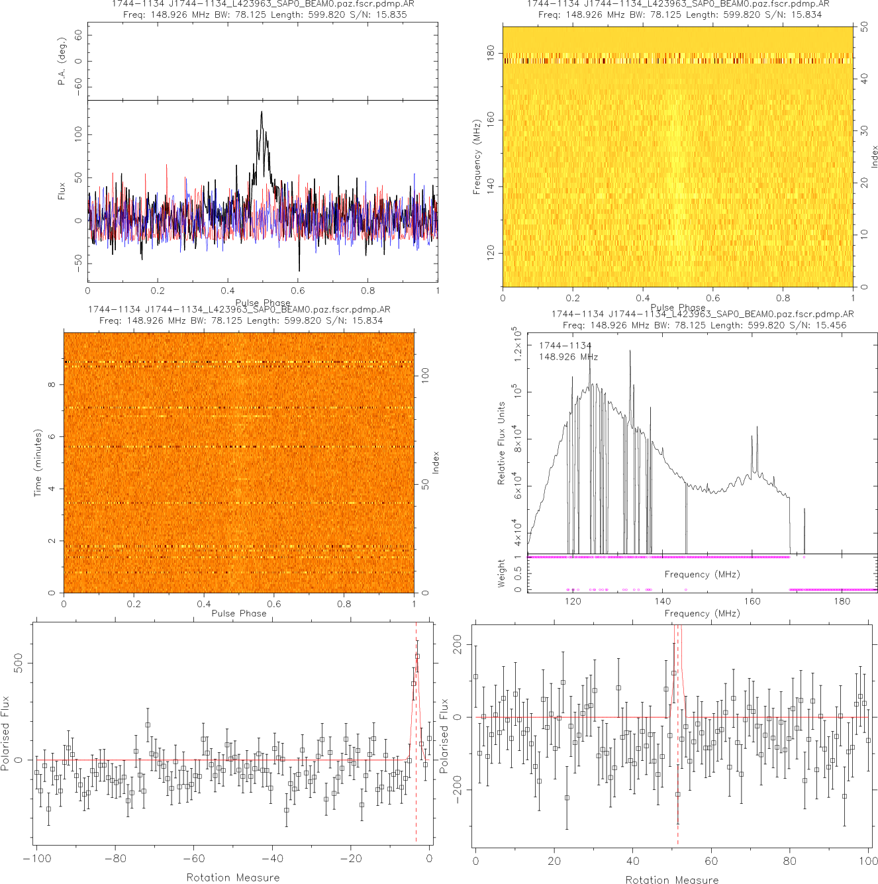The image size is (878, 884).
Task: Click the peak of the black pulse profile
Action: tap(262, 111)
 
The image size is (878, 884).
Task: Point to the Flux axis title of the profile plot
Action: tap(62, 191)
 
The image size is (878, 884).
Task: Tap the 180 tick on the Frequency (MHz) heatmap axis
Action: tap(491, 54)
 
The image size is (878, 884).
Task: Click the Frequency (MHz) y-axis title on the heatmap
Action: tap(476, 157)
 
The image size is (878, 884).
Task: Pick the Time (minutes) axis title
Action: tap(38, 463)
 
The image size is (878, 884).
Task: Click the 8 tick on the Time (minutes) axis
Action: tap(52, 385)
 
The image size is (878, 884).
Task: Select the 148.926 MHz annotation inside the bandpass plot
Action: tap(568, 357)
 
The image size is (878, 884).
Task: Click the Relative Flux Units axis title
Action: tap(501, 443)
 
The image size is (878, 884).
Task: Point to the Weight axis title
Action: tap(501, 573)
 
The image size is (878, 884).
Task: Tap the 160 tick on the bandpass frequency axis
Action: tap(752, 601)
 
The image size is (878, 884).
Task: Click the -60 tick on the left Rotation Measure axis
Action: tap(193, 859)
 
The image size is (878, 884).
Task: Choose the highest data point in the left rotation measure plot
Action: tap(417, 656)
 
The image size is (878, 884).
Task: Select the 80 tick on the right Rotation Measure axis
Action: tap(790, 861)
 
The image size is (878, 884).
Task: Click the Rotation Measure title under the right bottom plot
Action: tap(671, 879)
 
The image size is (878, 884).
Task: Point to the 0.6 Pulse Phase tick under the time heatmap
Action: tap(274, 603)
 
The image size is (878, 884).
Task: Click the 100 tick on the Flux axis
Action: tap(79, 134)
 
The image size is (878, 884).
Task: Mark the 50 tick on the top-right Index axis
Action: tap(865, 27)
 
